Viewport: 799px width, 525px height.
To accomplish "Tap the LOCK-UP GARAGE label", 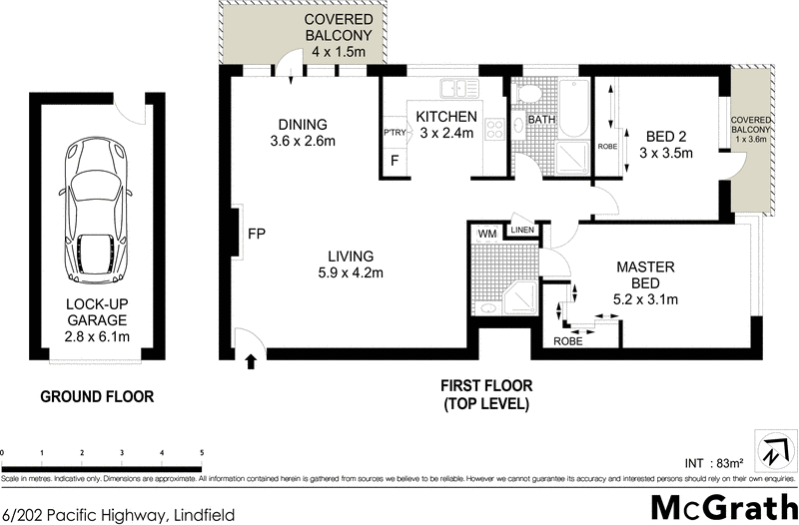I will click(97, 312).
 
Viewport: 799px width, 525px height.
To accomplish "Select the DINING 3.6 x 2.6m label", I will click(303, 133).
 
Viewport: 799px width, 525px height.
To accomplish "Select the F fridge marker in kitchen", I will click(395, 160).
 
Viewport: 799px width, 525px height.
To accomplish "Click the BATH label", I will click(541, 120).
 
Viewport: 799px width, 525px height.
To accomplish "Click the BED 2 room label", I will click(665, 144).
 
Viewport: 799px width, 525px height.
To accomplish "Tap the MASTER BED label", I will click(645, 282).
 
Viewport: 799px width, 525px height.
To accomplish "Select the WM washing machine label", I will click(488, 234).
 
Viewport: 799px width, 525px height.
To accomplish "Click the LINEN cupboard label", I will click(522, 232).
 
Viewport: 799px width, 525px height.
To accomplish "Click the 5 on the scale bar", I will click(202, 453).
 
